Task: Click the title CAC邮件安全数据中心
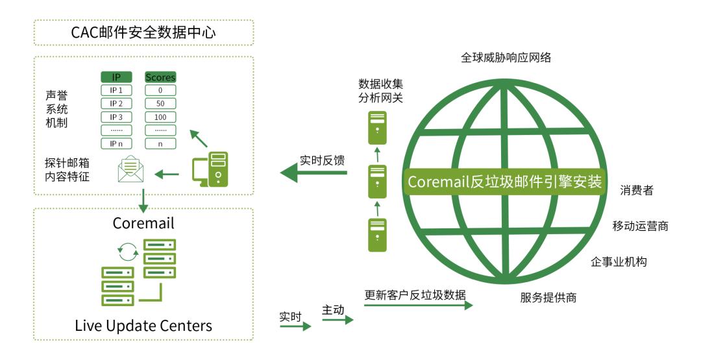(x=143, y=32)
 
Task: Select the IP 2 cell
(x=116, y=104)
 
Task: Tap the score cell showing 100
(x=160, y=117)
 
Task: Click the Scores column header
(x=160, y=77)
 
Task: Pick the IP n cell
(x=116, y=143)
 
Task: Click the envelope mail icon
(x=130, y=169)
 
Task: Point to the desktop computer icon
(x=210, y=169)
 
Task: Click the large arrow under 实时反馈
(x=314, y=173)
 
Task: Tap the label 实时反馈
(x=322, y=160)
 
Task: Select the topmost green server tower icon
(x=377, y=128)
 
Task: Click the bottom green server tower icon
(x=377, y=235)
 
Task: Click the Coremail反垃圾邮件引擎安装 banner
(x=505, y=182)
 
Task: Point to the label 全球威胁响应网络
(x=506, y=57)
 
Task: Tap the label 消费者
(x=637, y=190)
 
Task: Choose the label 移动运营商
(x=640, y=226)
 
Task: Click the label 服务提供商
(x=548, y=298)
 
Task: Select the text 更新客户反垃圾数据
(x=415, y=294)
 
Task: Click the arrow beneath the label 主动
(x=338, y=320)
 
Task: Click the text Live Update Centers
(x=143, y=326)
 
